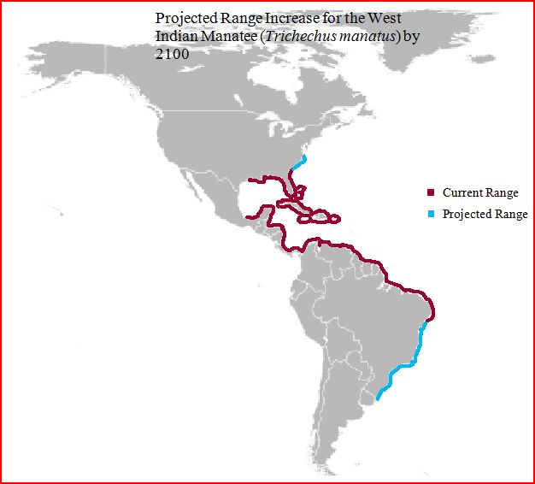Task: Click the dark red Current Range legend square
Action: tap(431, 192)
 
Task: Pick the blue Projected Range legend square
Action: tap(431, 214)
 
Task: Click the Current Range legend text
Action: tap(480, 192)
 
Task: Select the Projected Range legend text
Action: tap(485, 214)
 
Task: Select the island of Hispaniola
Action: tap(322, 217)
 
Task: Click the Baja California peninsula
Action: tap(193, 184)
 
